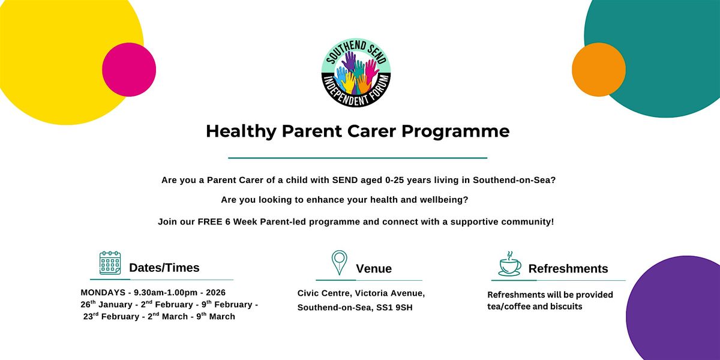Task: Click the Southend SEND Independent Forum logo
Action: tap(356, 73)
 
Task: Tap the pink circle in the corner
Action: tap(129, 70)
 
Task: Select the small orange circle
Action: tap(599, 70)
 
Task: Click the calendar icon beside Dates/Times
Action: tap(110, 263)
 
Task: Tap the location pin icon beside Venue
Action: tap(339, 263)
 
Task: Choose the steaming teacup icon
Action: tap(510, 264)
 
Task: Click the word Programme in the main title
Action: tap(455, 132)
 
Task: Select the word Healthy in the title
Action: tap(241, 131)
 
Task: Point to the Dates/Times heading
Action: tap(164, 268)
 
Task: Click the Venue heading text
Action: tap(374, 269)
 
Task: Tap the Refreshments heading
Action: tap(568, 269)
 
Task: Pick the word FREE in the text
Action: tap(210, 222)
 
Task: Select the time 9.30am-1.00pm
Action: tap(166, 293)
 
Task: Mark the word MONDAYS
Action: tap(103, 293)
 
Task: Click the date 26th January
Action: tap(106, 304)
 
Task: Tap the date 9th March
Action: tap(215, 316)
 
